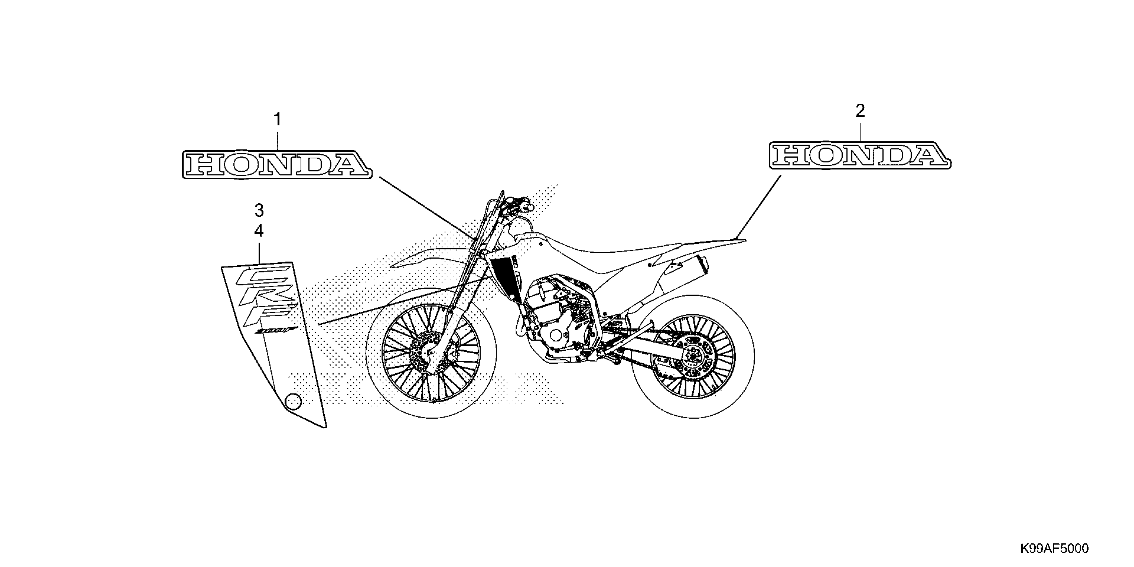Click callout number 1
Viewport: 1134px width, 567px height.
(x=277, y=119)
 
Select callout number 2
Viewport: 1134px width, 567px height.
(x=860, y=111)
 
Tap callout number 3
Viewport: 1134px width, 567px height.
(x=259, y=210)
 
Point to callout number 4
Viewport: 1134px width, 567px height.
(x=259, y=231)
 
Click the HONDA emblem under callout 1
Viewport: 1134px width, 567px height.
(x=277, y=164)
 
